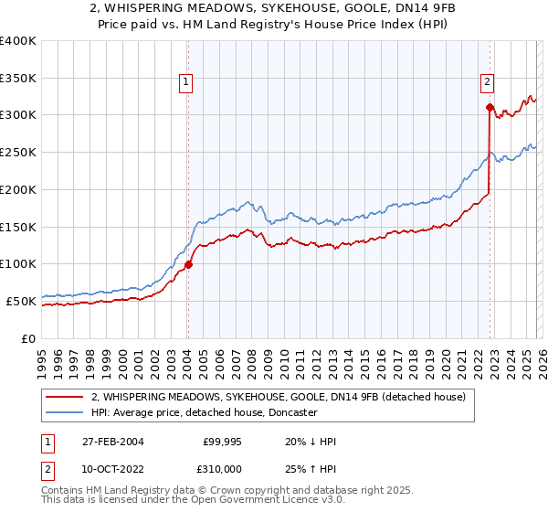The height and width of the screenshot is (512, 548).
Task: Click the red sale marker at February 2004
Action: coord(188,265)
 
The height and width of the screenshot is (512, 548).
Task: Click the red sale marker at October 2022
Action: coord(490,107)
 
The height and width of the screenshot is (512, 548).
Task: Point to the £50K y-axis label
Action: coord(21,301)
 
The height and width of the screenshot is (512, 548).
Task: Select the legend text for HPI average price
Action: coord(204,413)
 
